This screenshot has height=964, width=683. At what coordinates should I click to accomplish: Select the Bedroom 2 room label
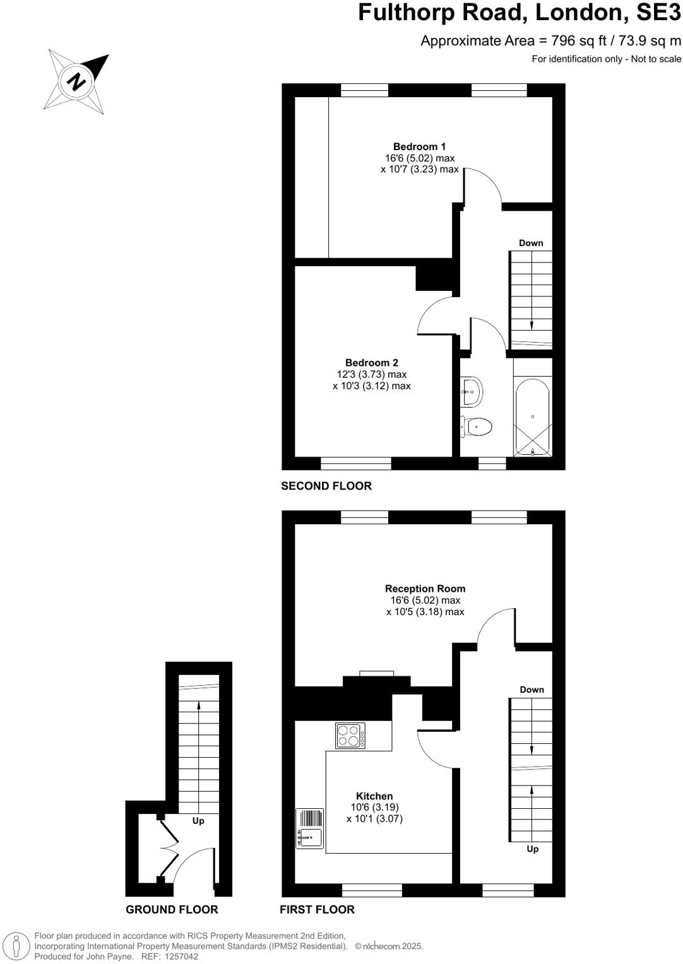coord(371,363)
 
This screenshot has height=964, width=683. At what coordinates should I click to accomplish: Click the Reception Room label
coord(425,589)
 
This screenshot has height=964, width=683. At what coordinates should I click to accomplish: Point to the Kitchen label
coord(374,796)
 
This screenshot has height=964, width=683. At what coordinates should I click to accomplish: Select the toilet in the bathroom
coord(477,427)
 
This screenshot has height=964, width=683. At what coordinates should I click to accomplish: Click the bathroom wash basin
coord(472,391)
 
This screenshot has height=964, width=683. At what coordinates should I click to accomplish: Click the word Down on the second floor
coord(531,243)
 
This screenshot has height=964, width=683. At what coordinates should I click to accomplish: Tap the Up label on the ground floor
coord(198,821)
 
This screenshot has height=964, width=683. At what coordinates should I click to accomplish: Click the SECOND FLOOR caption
coord(326,486)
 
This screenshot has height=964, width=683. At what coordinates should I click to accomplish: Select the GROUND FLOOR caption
coord(172,909)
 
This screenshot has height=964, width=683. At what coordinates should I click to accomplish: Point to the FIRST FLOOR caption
coord(317,909)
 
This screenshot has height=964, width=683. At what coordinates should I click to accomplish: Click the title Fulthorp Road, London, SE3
coord(520,12)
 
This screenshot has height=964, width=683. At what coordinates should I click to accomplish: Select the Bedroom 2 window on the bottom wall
coord(355,464)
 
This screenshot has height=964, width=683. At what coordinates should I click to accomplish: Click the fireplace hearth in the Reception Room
coord(377,674)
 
